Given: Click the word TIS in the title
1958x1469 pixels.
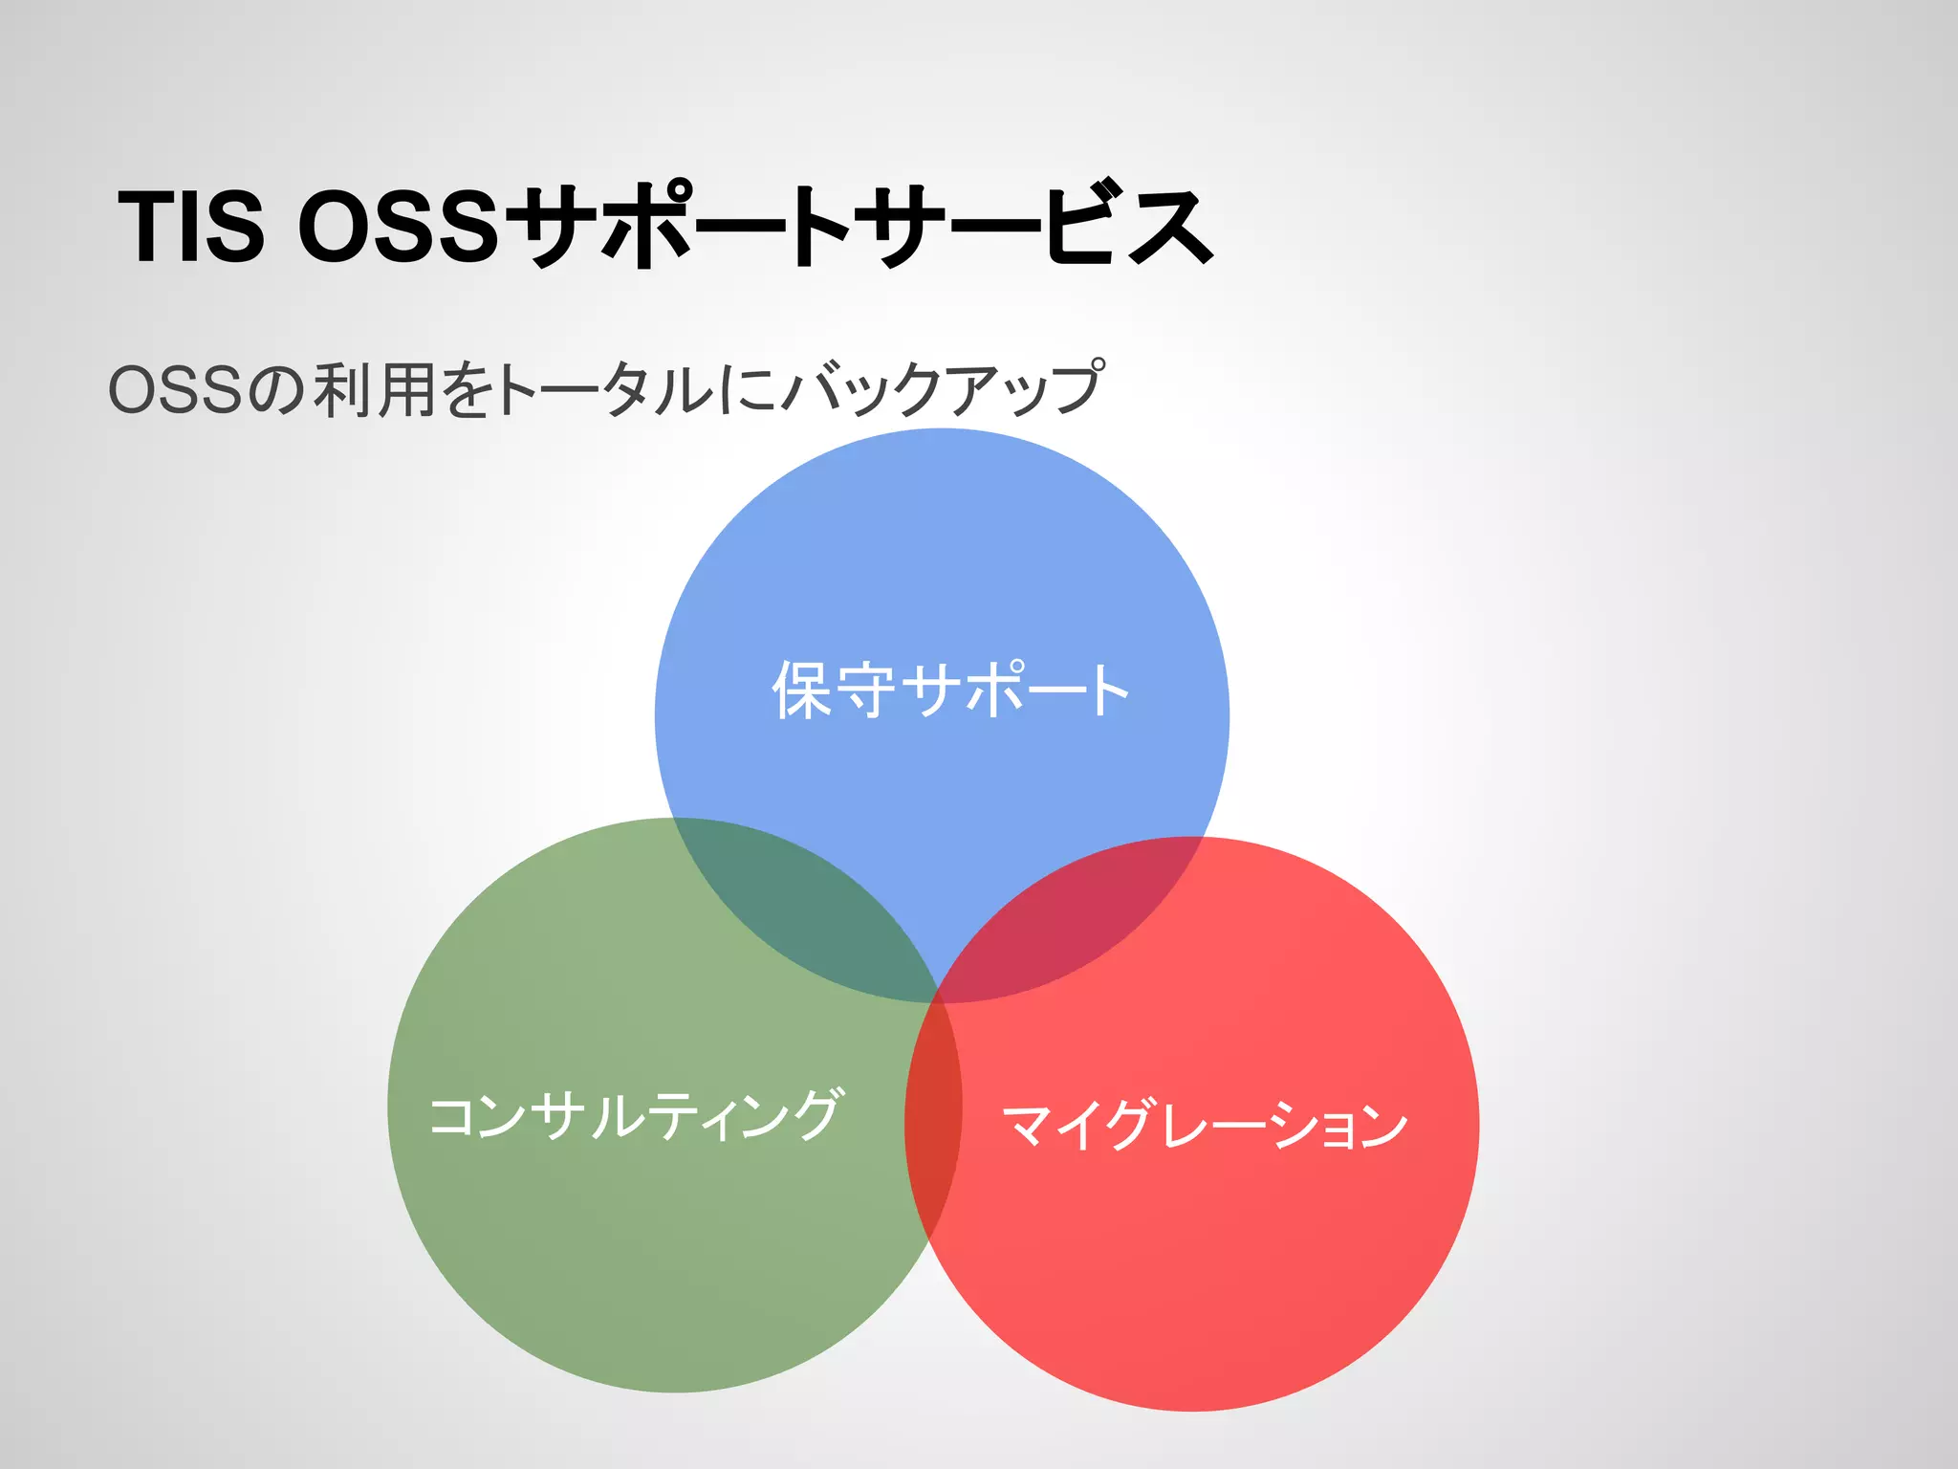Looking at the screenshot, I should point(190,227).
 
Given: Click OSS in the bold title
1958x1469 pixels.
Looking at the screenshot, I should point(399,227).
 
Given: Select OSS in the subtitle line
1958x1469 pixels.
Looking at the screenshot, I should point(174,390).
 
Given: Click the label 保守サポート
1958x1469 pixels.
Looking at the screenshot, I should point(950,690).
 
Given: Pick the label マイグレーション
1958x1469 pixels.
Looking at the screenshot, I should point(1205,1125).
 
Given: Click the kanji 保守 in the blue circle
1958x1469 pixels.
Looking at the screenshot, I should point(834,690).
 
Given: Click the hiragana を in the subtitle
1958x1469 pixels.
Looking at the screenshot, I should point(468,390).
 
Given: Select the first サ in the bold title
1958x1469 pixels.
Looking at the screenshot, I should point(553,227).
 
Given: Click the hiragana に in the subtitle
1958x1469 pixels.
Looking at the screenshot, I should point(746,390).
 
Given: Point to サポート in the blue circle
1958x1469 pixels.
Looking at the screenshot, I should point(1015,690).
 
